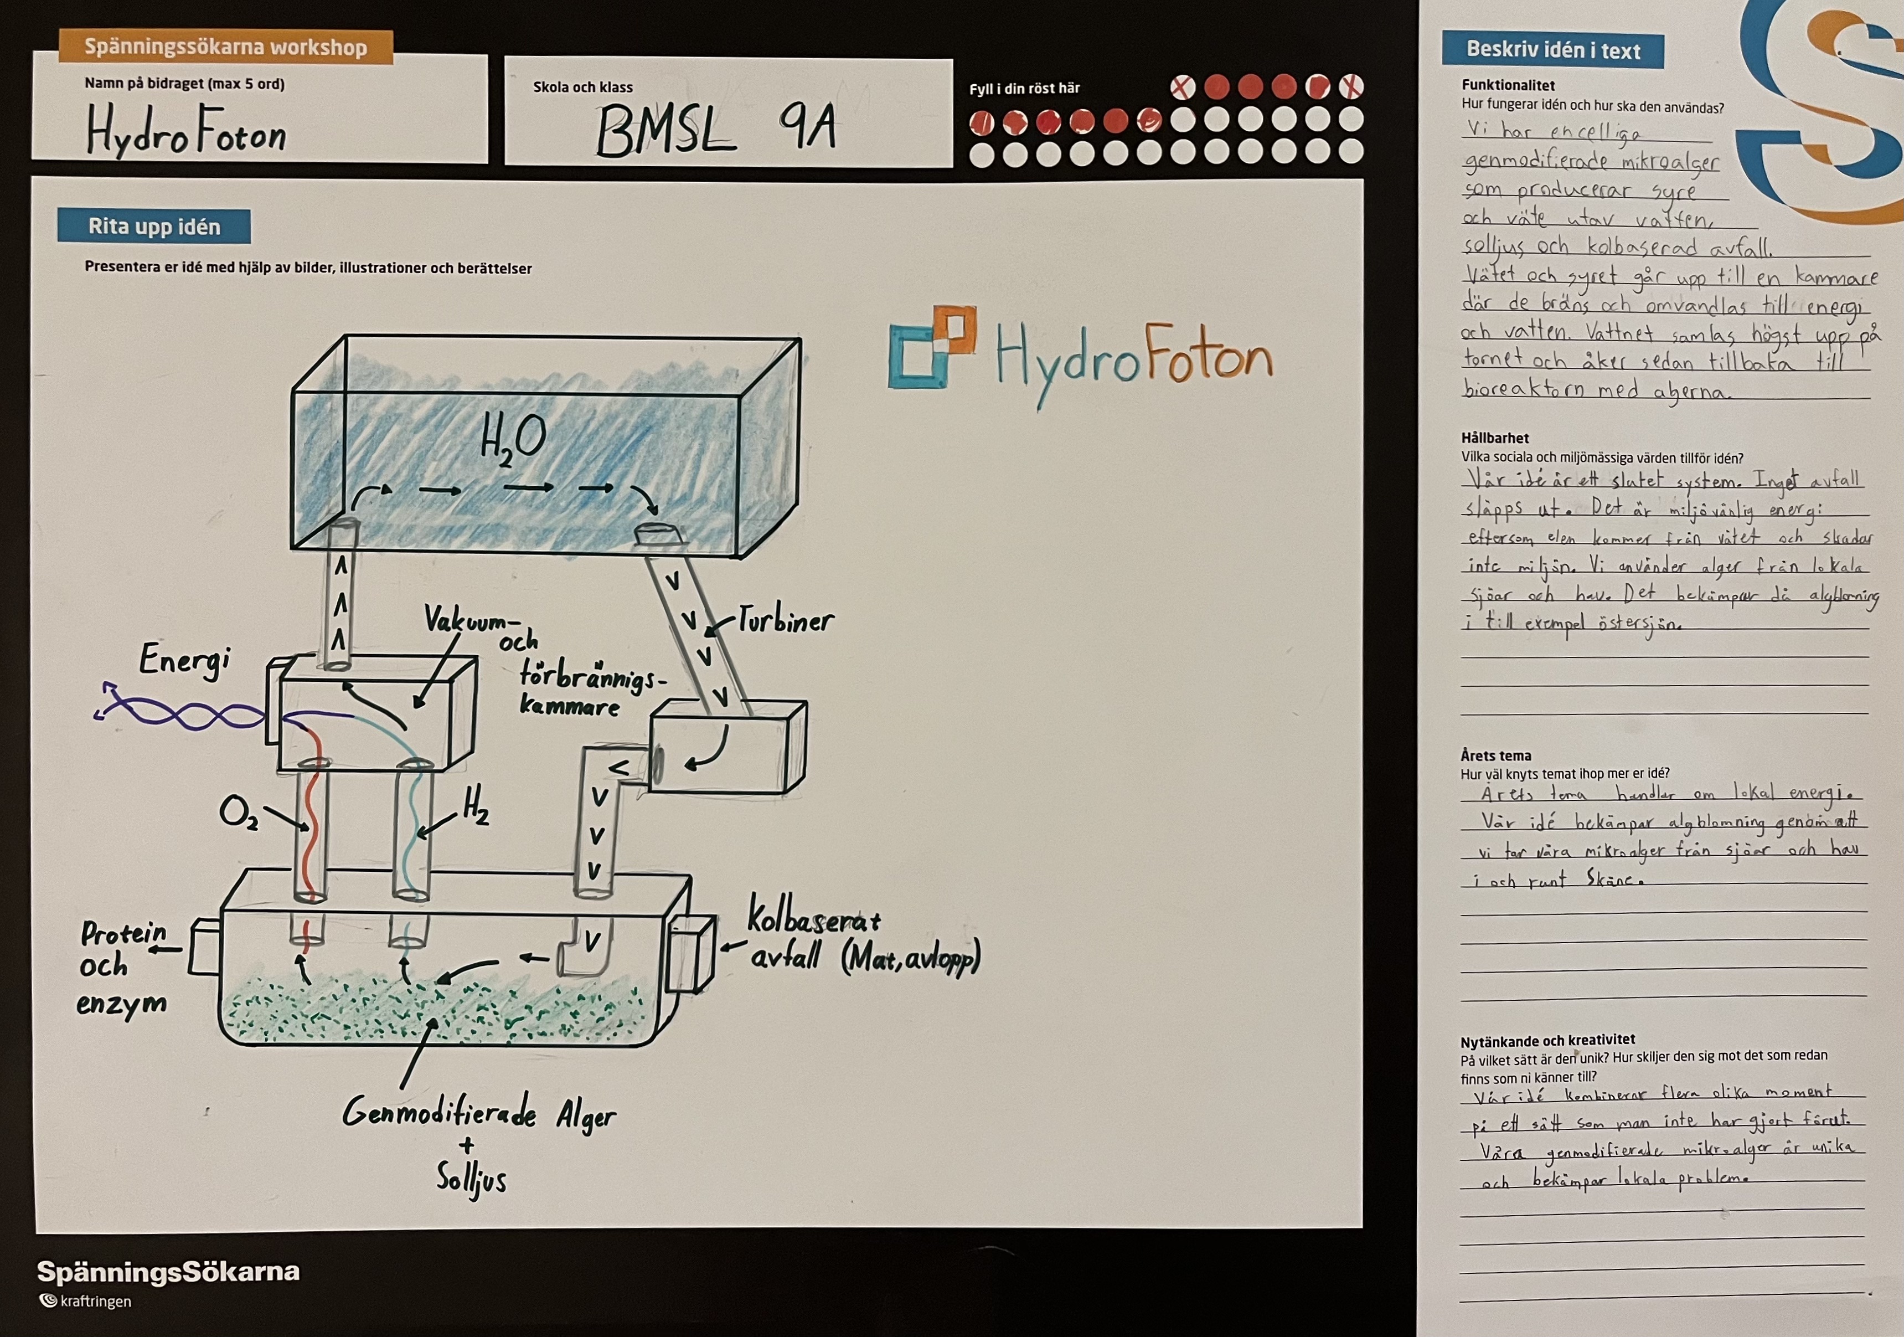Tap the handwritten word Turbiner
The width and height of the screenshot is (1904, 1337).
click(x=785, y=620)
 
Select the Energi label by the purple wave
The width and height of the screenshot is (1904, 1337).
click(x=184, y=661)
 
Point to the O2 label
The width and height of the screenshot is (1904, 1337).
click(x=239, y=813)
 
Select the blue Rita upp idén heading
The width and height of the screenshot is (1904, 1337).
click(x=154, y=227)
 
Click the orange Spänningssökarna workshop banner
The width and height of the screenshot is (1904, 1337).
click(x=225, y=47)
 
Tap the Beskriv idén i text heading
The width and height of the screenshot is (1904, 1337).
click(x=1552, y=50)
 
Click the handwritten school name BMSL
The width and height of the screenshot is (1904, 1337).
click(x=665, y=133)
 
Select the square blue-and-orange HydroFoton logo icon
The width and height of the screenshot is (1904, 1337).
click(x=931, y=347)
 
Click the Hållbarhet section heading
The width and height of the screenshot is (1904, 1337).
click(x=1494, y=438)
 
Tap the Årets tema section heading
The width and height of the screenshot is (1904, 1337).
click(x=1495, y=755)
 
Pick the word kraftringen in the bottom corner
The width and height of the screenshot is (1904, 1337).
click(x=95, y=1302)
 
